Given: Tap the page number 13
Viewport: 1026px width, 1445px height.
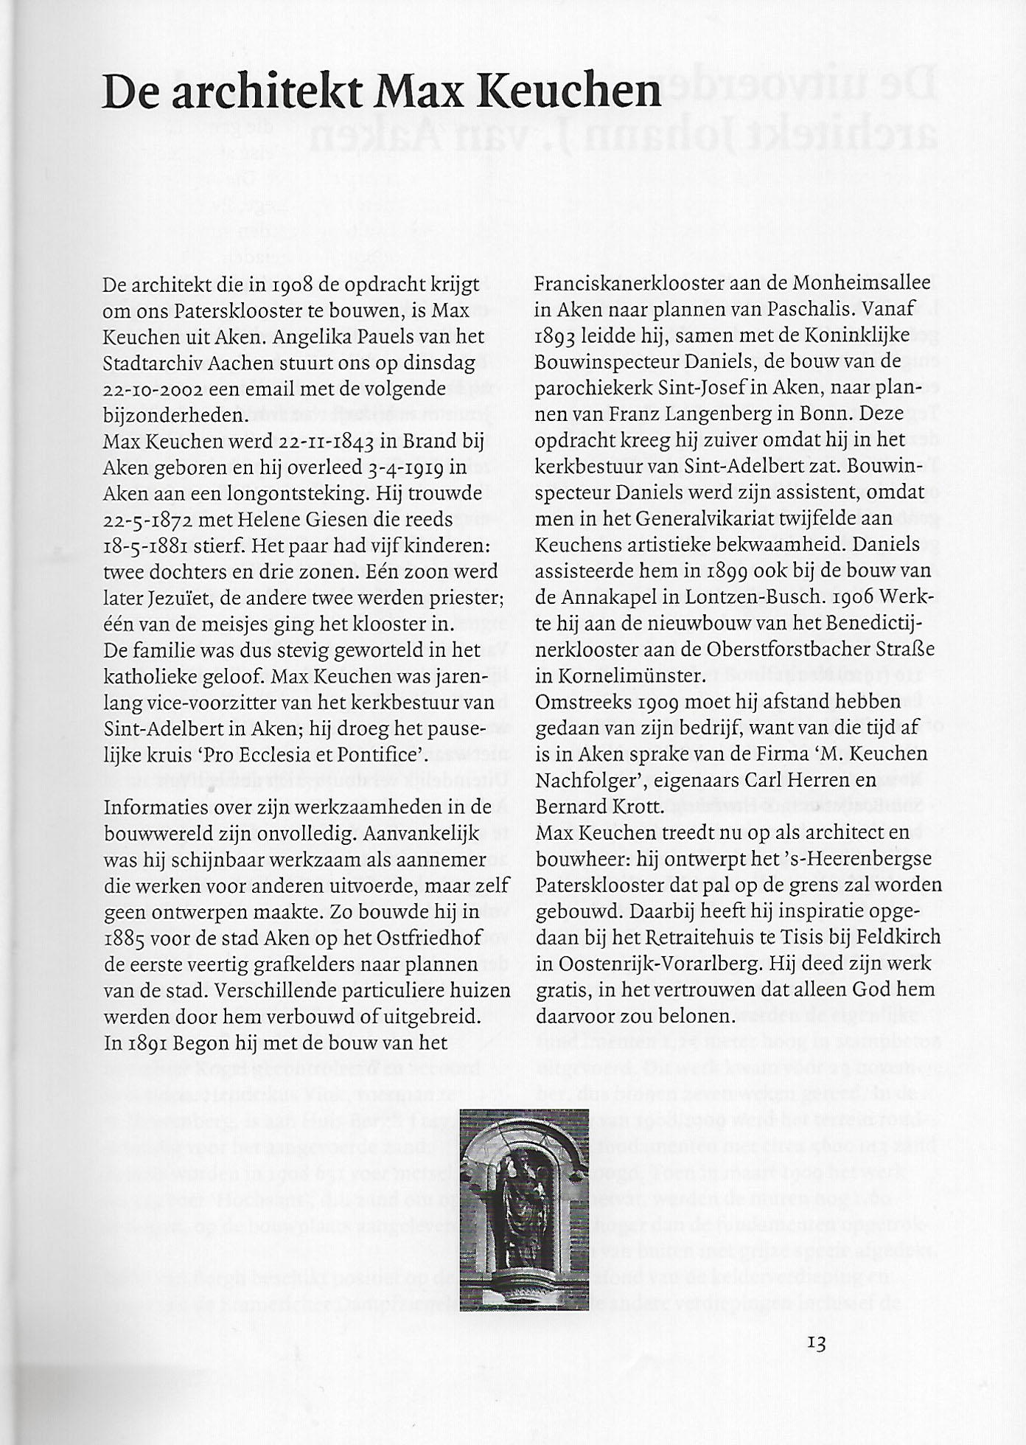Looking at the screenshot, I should [816, 1343].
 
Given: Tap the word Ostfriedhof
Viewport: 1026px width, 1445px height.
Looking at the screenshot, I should [430, 938].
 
